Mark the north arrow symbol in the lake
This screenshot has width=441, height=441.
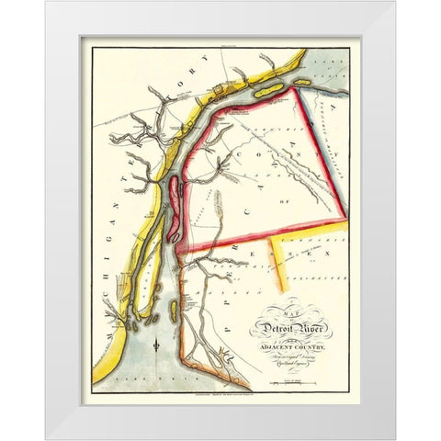click(x=158, y=347)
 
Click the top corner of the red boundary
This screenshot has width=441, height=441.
click(x=295, y=88)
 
